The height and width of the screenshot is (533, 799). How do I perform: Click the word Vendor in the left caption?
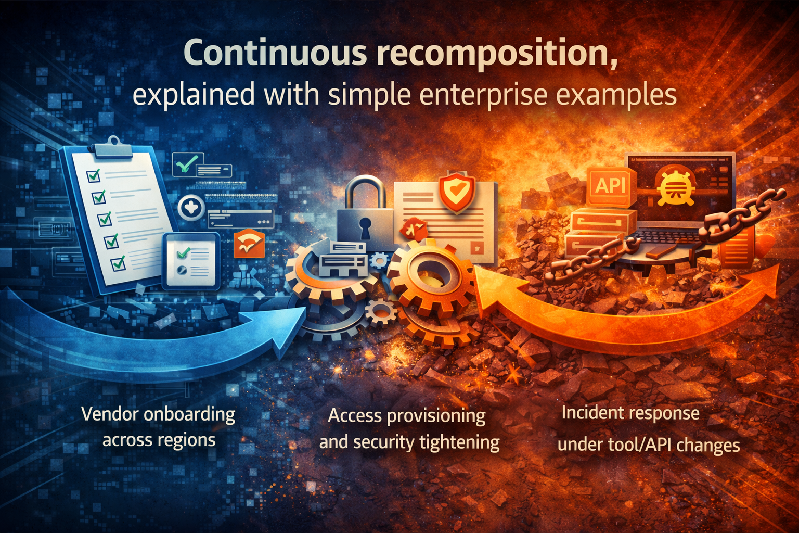[110, 414]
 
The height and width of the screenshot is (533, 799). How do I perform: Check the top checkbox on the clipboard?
[94, 176]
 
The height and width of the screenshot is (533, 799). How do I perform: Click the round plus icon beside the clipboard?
[191, 208]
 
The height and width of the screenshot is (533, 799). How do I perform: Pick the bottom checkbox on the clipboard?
[119, 263]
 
